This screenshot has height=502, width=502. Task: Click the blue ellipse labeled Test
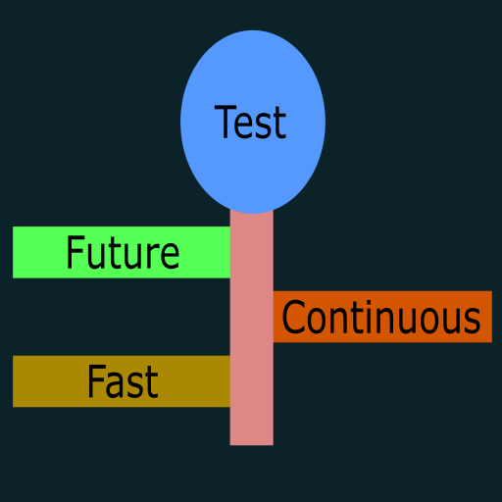point(253,122)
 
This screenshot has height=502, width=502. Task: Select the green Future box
point(122,252)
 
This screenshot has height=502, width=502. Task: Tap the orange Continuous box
point(382,317)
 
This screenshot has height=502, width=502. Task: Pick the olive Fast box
point(122,381)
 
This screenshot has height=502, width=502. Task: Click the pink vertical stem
point(252,327)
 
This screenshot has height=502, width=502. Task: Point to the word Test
point(250,123)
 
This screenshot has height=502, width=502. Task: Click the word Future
point(123,252)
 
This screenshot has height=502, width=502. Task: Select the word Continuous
point(381,317)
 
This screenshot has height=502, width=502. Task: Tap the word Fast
point(123,381)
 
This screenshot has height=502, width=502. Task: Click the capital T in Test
point(226,122)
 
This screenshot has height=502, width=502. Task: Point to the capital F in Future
point(75,252)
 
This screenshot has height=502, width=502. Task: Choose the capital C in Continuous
point(294,317)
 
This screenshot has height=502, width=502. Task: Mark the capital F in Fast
point(97,381)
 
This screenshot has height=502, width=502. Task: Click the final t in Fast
point(152,384)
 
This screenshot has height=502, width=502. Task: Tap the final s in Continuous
point(473,322)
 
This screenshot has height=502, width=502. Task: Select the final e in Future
point(170,257)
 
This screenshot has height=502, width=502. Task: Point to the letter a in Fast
point(117,386)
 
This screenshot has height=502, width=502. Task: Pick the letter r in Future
point(153,257)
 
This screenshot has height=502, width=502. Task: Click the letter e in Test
point(245,126)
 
